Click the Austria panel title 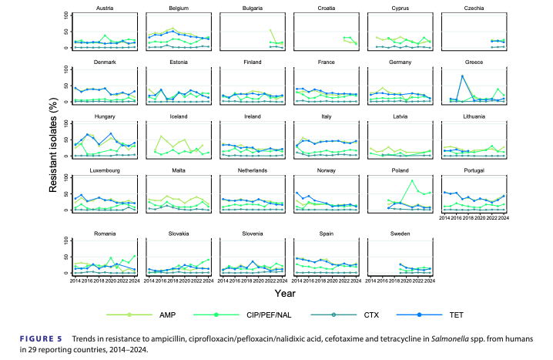(x=106, y=8)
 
